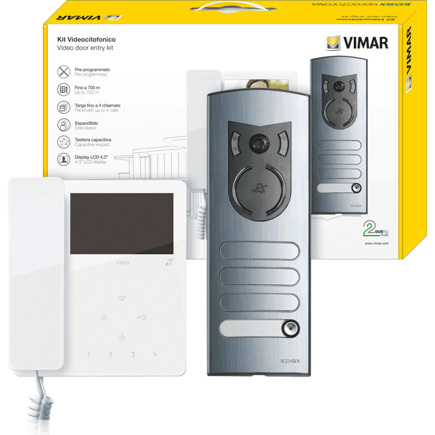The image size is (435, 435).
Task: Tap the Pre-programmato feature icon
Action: point(62,72)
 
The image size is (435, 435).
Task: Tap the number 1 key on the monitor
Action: point(88,355)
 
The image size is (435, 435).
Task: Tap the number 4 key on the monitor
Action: point(154,355)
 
